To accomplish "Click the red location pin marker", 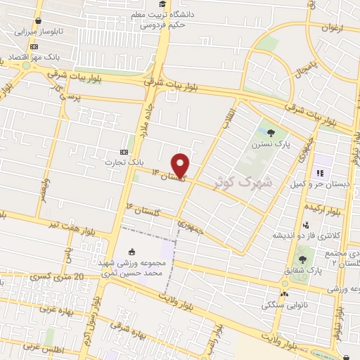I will [x=181, y=165].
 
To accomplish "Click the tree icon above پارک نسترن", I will [x=272, y=131].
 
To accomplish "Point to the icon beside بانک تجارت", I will [x=124, y=152].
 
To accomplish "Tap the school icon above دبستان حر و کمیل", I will [x=319, y=174].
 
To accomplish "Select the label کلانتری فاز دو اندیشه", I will [x=310, y=235].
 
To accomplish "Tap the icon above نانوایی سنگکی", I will [x=283, y=295].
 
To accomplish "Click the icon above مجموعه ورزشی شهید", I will [x=132, y=250].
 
